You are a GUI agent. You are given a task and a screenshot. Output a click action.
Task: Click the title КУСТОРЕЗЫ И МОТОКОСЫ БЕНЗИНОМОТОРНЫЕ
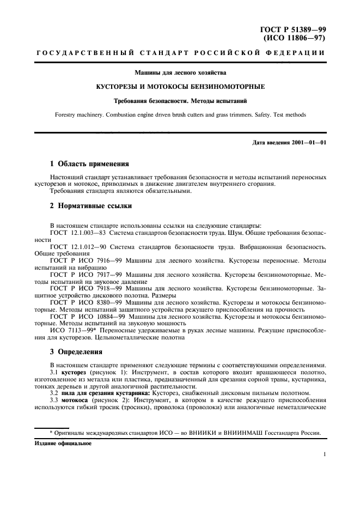pos(180,87)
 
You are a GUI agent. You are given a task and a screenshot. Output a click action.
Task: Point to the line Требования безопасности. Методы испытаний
pos(180,101)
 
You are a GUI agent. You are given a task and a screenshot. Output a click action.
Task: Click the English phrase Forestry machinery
pos(79,115)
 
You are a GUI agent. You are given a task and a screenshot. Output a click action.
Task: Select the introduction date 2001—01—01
pos(309,143)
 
